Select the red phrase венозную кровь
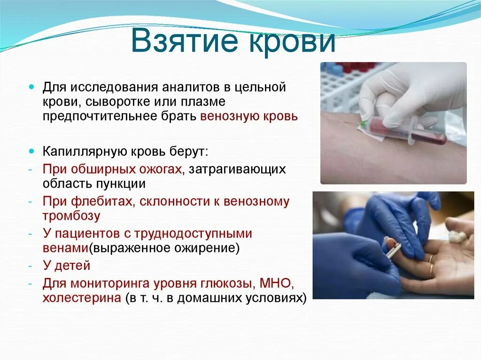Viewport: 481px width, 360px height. pyautogui.click(x=249, y=116)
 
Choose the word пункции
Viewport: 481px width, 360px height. pyautogui.click(x=121, y=184)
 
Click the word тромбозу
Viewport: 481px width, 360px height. pyautogui.click(x=71, y=216)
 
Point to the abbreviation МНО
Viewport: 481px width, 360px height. pyautogui.click(x=274, y=283)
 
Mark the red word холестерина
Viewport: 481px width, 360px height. pyautogui.click(x=82, y=298)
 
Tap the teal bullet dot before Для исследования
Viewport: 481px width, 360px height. pyautogui.click(x=31, y=87)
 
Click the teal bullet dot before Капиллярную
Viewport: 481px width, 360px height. pyautogui.click(x=31, y=152)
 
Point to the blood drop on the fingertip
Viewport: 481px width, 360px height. pyautogui.click(x=390, y=244)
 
